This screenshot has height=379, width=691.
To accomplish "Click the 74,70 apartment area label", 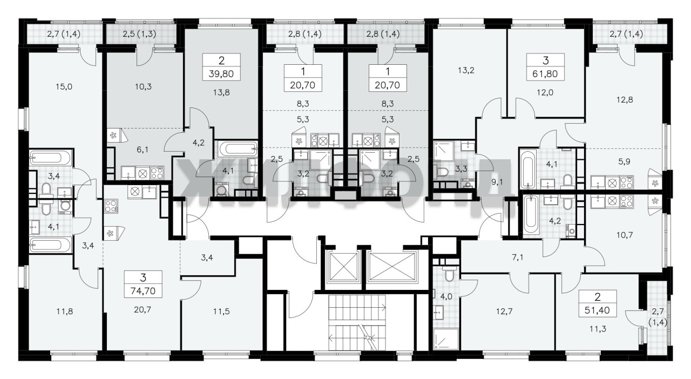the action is click(143, 291).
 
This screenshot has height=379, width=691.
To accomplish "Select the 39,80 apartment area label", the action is click(221, 74).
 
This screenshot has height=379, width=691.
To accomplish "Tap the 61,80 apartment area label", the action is click(545, 74).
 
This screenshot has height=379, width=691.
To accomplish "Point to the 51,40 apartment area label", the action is click(597, 310).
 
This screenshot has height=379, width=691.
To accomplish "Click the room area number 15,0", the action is click(64, 87).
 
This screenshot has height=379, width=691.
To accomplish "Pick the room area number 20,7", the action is click(143, 309).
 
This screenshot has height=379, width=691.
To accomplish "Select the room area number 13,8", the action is click(221, 92).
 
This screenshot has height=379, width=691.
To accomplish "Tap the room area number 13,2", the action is click(466, 70).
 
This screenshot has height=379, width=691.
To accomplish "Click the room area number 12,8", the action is click(625, 100).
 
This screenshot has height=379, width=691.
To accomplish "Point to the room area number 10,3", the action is click(143, 87).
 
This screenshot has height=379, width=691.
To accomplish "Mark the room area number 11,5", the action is click(221, 312).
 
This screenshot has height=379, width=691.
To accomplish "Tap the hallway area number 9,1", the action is click(497, 182).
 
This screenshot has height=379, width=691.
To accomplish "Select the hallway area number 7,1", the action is click(518, 257).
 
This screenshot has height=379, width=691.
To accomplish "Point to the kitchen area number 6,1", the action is click(142, 150).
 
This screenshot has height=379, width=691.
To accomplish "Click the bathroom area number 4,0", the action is click(446, 297).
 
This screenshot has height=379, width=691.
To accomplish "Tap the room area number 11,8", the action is click(64, 312).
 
